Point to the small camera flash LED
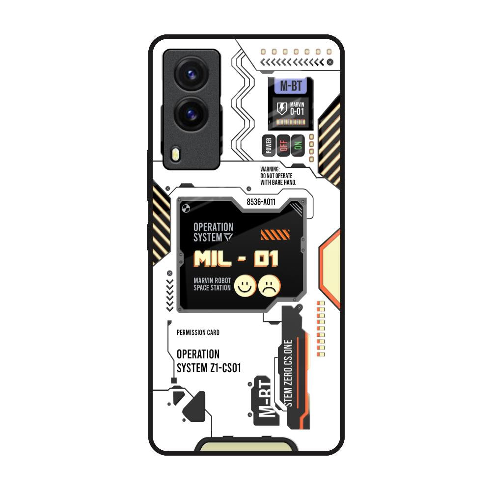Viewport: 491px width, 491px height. pos(176,155)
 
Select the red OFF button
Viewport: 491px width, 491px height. pos(283,145)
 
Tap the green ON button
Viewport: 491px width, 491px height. pos(298,145)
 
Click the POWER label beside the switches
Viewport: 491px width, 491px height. pos(268,146)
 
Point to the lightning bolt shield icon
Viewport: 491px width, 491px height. pos(281,108)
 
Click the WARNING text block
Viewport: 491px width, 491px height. pos(278,176)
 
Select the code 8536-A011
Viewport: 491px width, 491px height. pos(261,201)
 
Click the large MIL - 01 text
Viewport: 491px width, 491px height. pos(236,259)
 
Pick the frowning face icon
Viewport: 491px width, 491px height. pos(269,286)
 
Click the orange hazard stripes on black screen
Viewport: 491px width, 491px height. pos(275,235)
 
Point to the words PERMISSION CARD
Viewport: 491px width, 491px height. pos(198,332)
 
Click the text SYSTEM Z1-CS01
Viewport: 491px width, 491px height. pos(209,368)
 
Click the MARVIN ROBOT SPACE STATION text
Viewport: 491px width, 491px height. pos(212,284)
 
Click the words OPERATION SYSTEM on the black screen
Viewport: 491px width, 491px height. pos(213,232)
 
